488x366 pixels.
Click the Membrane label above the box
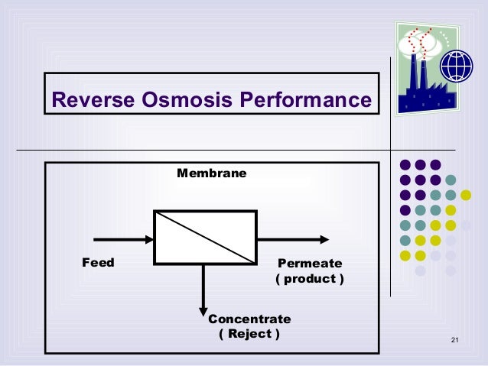point(212,173)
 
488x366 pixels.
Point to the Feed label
point(98,263)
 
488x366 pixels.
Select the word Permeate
point(310,264)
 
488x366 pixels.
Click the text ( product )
point(310,279)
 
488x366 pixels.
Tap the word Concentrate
point(249,319)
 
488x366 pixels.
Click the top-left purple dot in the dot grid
point(405,165)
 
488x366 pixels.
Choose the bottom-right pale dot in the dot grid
point(451,270)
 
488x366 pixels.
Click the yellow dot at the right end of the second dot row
point(466,195)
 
